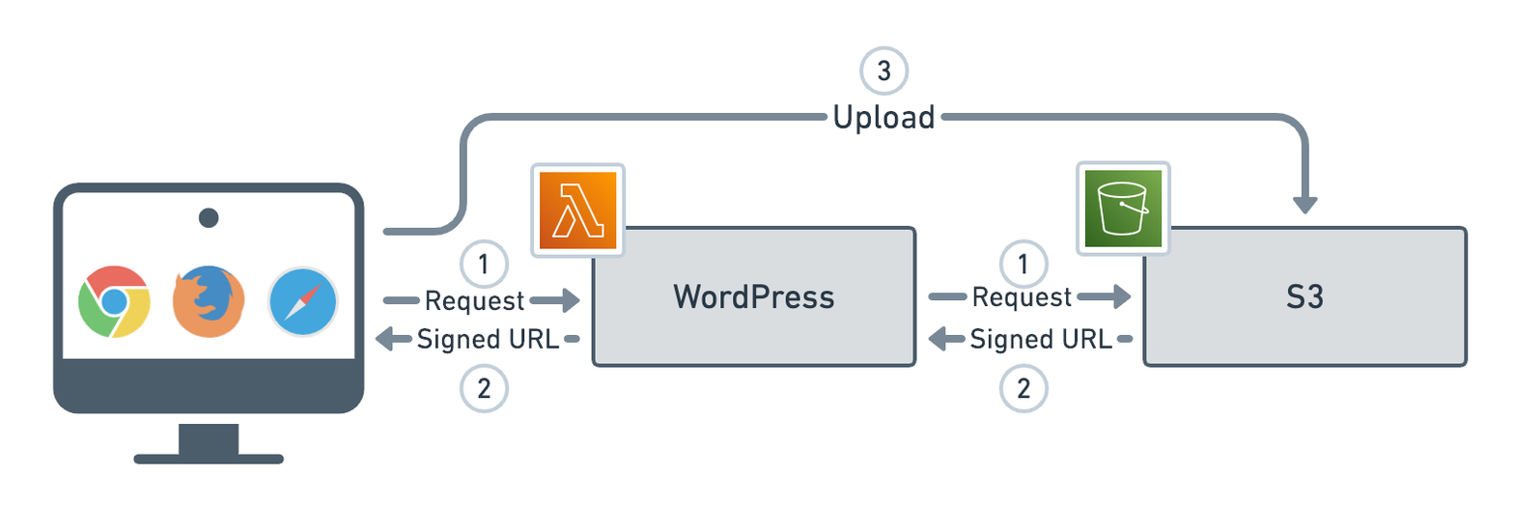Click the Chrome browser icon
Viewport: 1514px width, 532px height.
114,300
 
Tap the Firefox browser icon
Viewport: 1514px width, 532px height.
208,301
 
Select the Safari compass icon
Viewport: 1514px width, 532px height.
303,301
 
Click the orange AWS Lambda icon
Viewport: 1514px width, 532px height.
577,210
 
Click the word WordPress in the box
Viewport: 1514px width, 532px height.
753,296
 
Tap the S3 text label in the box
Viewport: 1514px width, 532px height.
1304,296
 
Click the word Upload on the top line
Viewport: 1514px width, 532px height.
884,118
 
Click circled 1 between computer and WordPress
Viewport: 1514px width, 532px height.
485,263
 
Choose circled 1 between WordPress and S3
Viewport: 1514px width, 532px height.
1022,263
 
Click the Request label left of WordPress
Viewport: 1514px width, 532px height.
474,301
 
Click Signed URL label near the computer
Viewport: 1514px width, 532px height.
488,339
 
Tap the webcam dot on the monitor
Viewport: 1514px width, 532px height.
208,217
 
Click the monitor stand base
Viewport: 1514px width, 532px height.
208,458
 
